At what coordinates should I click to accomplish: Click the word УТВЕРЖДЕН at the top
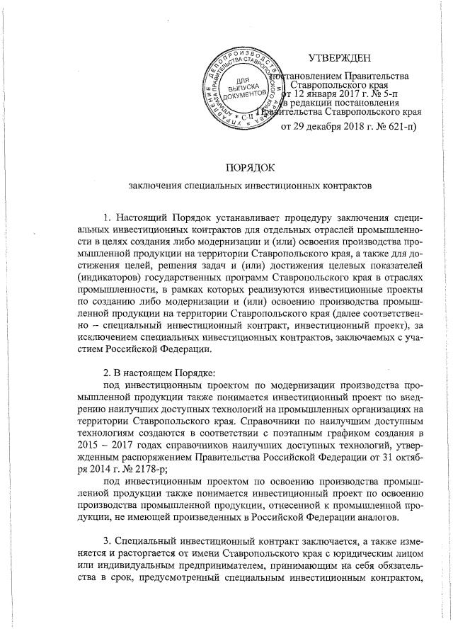[x=343, y=57]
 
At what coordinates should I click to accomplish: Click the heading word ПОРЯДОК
[x=248, y=167]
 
